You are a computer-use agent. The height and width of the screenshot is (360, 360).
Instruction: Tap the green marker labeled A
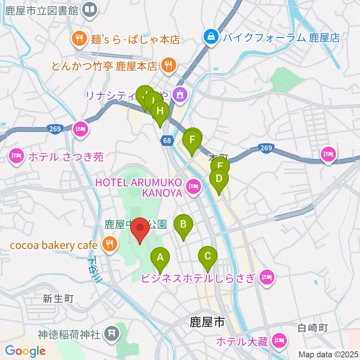pos(160,258)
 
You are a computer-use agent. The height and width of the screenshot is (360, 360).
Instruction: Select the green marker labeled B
pos(183,225)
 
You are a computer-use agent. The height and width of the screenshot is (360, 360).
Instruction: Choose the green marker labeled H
pos(160,111)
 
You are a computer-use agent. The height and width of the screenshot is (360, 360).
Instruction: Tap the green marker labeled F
pos(192,141)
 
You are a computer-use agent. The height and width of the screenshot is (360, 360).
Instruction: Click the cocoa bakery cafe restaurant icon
pos(109,245)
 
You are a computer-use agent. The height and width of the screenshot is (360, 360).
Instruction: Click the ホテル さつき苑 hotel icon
pos(16,156)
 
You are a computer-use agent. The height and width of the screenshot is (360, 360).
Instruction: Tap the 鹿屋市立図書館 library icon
pos(90,10)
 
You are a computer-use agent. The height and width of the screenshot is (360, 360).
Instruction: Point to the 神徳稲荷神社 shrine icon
pos(111,332)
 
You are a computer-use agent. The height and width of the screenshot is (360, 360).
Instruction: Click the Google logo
pos(25,351)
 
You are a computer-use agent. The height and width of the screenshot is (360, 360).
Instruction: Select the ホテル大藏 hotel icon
pos(279,341)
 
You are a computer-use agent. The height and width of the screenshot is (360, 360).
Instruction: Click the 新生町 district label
pos(58,299)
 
